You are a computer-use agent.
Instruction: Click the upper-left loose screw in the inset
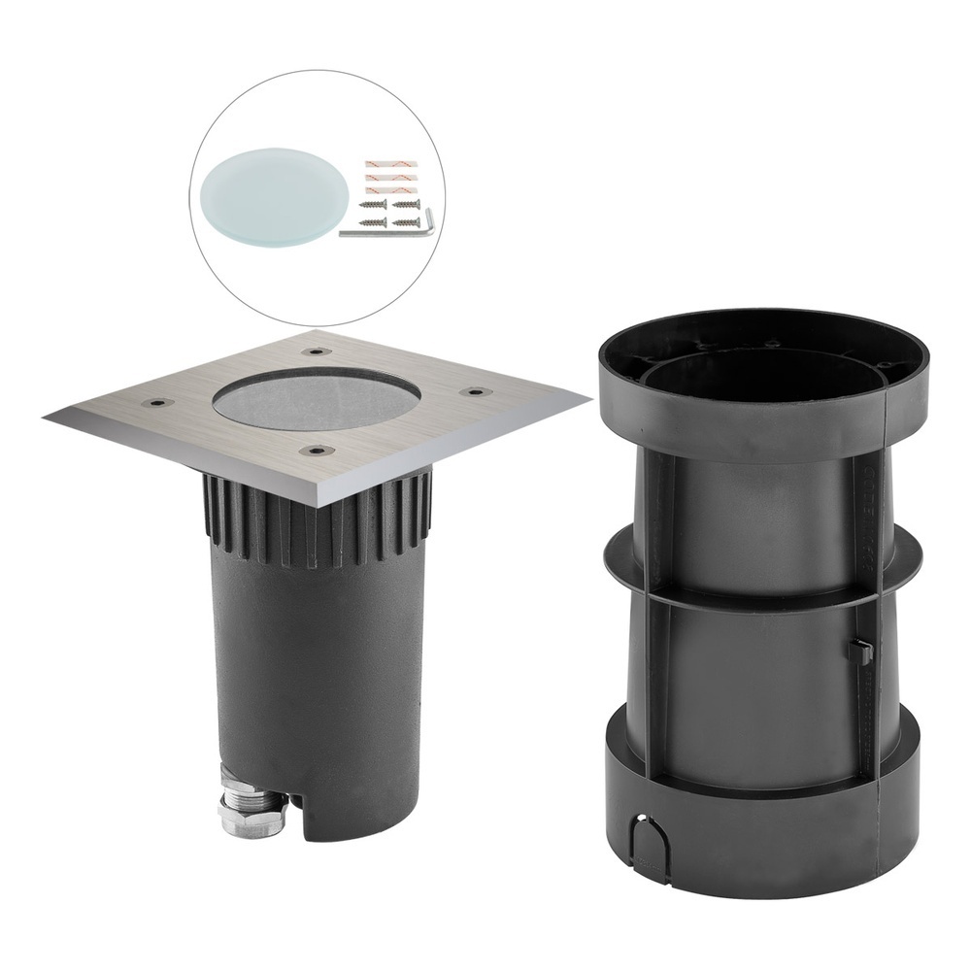[x=372, y=206]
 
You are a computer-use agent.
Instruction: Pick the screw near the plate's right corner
[x=475, y=391]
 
